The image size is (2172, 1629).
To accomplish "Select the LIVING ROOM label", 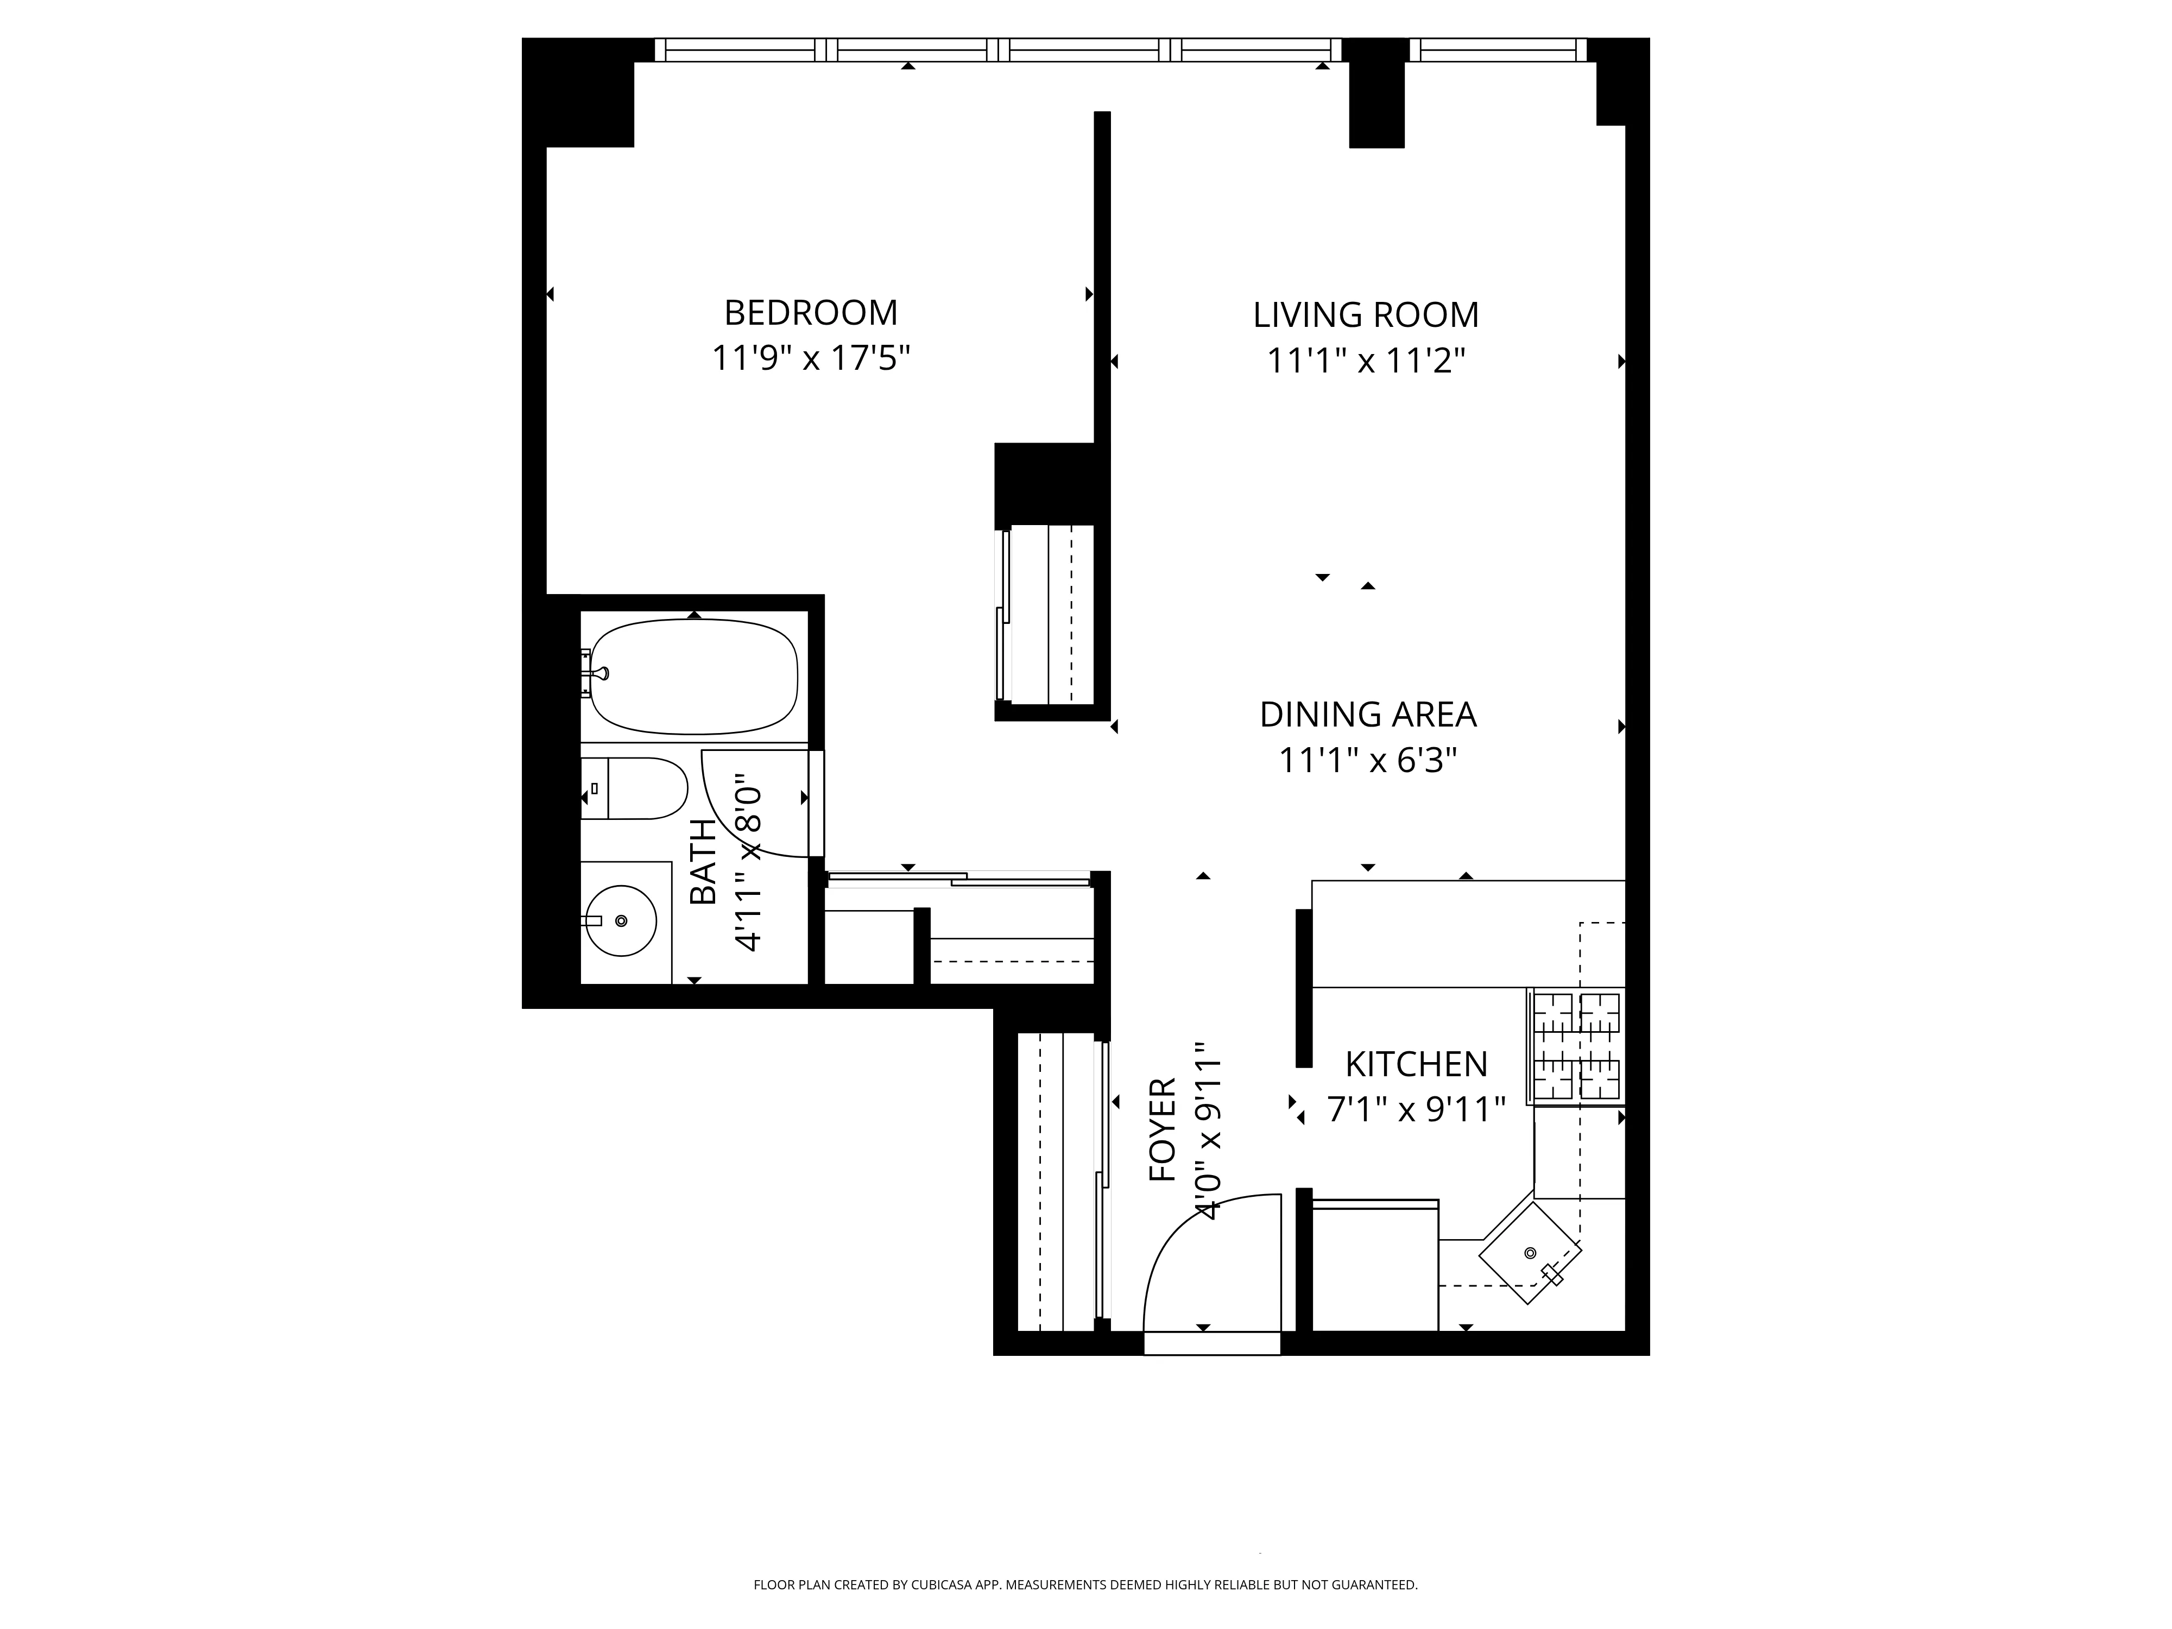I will coord(1365,315).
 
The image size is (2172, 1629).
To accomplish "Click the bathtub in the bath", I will coord(693,677).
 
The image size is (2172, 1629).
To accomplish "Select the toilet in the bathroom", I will coord(638,788).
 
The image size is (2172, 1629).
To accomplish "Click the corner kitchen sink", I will coord(1530,1254).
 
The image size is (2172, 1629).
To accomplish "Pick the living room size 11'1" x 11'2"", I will coord(1365,361).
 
